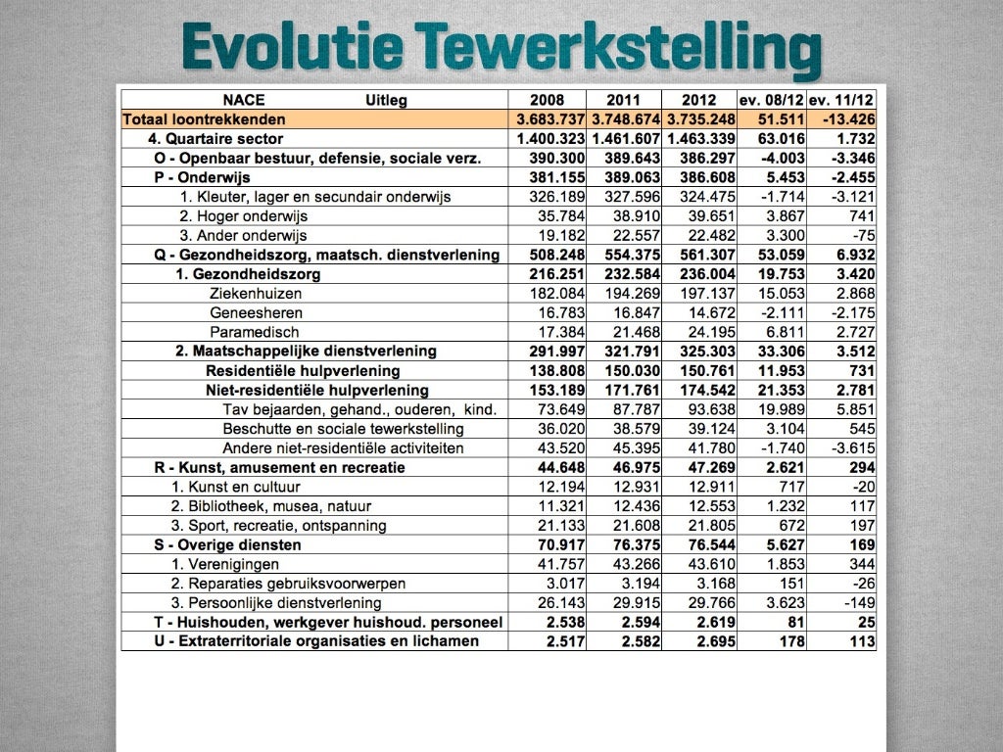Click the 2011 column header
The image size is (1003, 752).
tap(623, 100)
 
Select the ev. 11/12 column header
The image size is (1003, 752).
tap(841, 100)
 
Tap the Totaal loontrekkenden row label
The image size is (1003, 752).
tap(205, 119)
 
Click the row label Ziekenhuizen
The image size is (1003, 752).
tap(256, 294)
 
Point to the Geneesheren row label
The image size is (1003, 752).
tap(256, 313)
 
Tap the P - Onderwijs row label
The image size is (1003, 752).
tap(202, 177)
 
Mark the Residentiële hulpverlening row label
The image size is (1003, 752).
tap(303, 371)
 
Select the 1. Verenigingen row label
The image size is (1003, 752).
tap(225, 564)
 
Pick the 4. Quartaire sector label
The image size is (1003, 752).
tap(223, 139)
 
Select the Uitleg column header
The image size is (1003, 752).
tap(386, 100)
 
